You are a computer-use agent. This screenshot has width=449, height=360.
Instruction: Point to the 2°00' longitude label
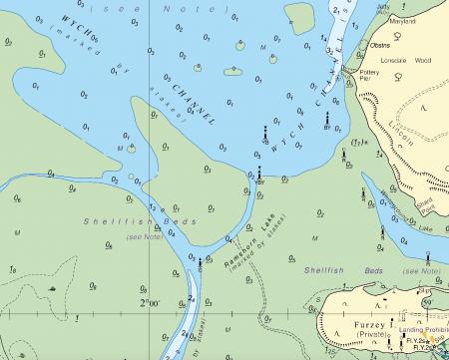point(149,301)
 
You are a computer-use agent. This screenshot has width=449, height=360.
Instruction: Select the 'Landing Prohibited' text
point(423,330)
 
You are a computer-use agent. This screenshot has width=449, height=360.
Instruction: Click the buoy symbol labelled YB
point(265,133)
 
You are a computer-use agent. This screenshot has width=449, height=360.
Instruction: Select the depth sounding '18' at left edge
point(11,270)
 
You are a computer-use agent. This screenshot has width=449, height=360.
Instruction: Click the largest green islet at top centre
point(300,17)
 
